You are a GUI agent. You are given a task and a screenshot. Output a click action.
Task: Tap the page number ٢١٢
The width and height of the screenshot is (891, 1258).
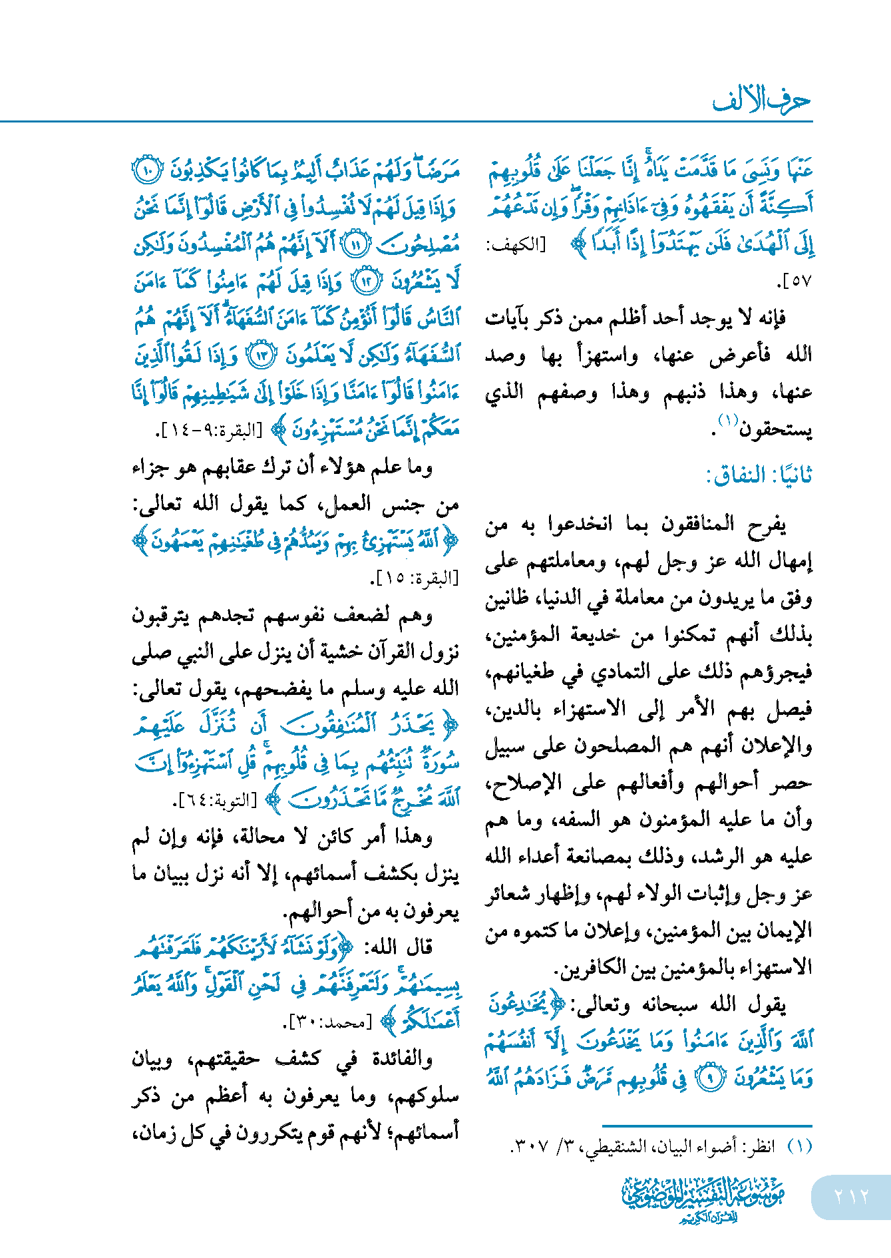[851, 1196]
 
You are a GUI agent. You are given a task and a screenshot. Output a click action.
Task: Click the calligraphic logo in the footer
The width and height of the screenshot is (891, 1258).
[703, 1198]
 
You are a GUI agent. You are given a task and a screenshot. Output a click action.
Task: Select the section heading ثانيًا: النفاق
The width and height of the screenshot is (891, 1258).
[759, 475]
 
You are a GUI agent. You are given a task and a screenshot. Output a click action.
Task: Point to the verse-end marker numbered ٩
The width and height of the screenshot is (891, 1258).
[710, 1078]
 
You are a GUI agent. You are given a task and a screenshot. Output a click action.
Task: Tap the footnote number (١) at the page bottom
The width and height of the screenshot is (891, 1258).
[799, 1146]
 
